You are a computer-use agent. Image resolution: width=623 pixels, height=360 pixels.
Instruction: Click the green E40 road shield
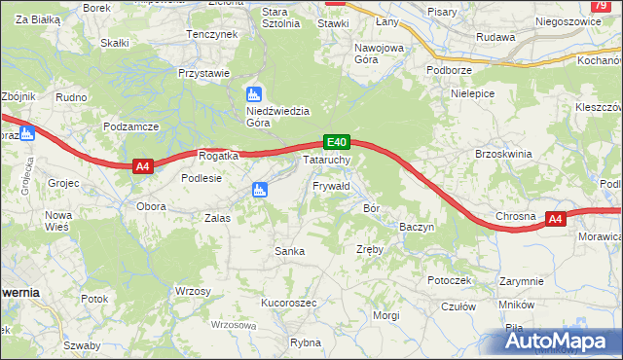click(336, 142)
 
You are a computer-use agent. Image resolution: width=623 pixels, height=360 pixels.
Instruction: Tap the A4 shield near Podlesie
click(143, 166)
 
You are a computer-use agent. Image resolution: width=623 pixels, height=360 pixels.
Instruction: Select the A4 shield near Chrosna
click(555, 219)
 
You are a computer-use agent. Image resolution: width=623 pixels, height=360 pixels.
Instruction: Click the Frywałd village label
click(331, 185)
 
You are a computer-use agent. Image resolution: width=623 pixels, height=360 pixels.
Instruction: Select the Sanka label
click(290, 251)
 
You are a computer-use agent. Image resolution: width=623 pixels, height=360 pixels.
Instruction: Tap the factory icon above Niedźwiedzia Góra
click(254, 94)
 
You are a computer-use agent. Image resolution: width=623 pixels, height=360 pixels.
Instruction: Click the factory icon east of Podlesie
click(259, 190)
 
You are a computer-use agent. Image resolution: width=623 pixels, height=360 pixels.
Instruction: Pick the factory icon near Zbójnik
click(27, 133)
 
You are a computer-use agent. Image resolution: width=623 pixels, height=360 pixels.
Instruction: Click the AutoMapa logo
click(560, 341)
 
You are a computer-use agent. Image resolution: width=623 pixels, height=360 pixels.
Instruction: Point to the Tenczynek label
click(212, 34)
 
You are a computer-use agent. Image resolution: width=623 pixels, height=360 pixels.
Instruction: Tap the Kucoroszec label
click(289, 303)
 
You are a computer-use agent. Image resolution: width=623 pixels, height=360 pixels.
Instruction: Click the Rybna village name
click(306, 342)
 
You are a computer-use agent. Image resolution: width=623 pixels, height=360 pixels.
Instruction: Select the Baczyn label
click(417, 227)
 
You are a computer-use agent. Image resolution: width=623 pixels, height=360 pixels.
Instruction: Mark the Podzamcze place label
click(130, 127)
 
